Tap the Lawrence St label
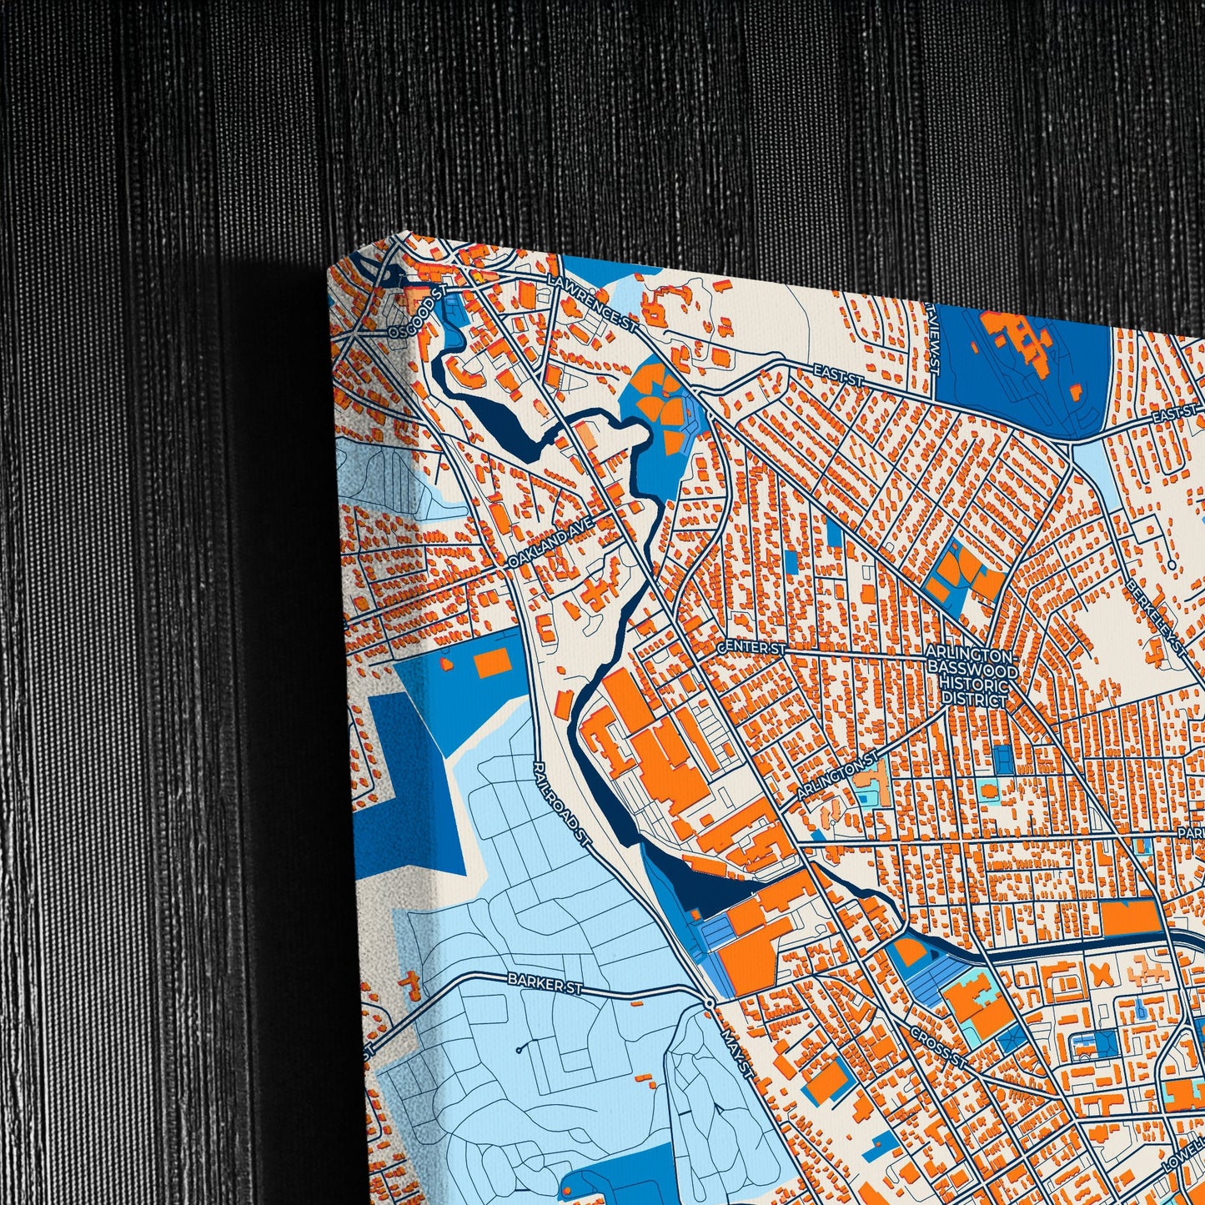pos(592,304)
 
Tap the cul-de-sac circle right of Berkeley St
pos(1172,565)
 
